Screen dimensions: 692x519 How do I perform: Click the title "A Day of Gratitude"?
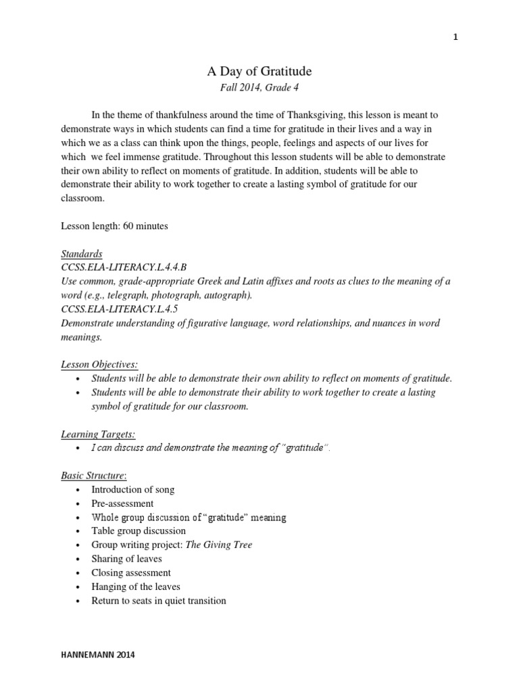[259, 71]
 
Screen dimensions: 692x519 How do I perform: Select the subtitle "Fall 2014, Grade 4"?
[259, 88]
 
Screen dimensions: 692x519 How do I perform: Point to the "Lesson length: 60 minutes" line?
[114, 226]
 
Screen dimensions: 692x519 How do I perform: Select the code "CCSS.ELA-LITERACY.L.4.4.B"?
[123, 268]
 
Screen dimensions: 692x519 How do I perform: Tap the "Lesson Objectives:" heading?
[99, 364]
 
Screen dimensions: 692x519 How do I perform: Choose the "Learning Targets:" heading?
[98, 434]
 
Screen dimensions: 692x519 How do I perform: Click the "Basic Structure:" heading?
[94, 476]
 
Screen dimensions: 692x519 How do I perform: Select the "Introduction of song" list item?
[132, 489]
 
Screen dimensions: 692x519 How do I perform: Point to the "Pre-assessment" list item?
[122, 503]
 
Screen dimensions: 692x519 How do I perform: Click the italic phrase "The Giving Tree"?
[219, 545]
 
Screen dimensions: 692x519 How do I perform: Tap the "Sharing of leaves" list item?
[126, 559]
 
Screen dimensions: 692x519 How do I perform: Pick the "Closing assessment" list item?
[131, 573]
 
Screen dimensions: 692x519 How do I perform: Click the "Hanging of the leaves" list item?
[136, 587]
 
